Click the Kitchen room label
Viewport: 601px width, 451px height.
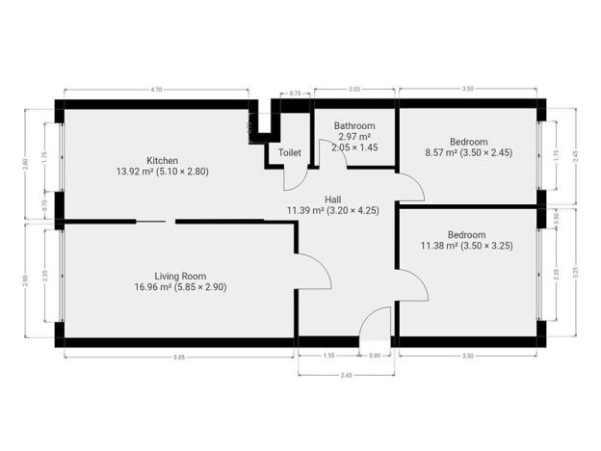tap(162, 160)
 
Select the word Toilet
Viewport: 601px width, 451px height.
tap(290, 152)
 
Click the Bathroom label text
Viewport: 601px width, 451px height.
tap(353, 125)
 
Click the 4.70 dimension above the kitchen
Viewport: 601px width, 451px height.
tap(157, 89)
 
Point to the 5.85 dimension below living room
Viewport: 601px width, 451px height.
tap(179, 358)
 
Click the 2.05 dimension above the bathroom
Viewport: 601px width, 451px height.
tap(354, 89)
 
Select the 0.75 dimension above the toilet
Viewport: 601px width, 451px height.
tap(296, 93)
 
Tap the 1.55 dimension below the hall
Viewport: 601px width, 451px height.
tap(329, 358)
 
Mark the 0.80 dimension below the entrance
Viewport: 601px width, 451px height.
tap(376, 358)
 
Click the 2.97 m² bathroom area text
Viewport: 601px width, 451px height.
tap(353, 137)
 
